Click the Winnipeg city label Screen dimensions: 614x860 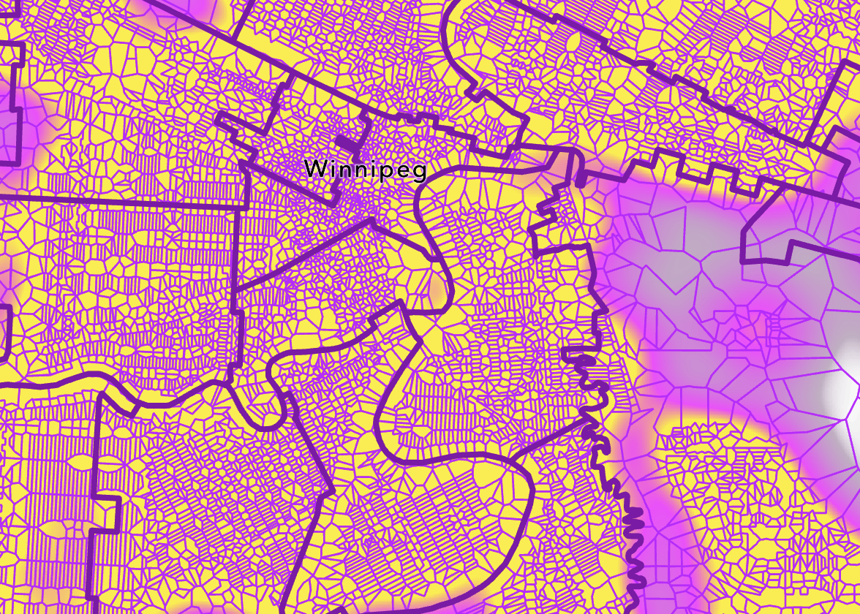coord(365,170)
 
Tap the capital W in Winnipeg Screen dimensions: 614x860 coord(314,169)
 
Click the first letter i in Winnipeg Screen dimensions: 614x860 coord(330,169)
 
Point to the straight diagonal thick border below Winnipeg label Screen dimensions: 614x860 coord(300,256)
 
